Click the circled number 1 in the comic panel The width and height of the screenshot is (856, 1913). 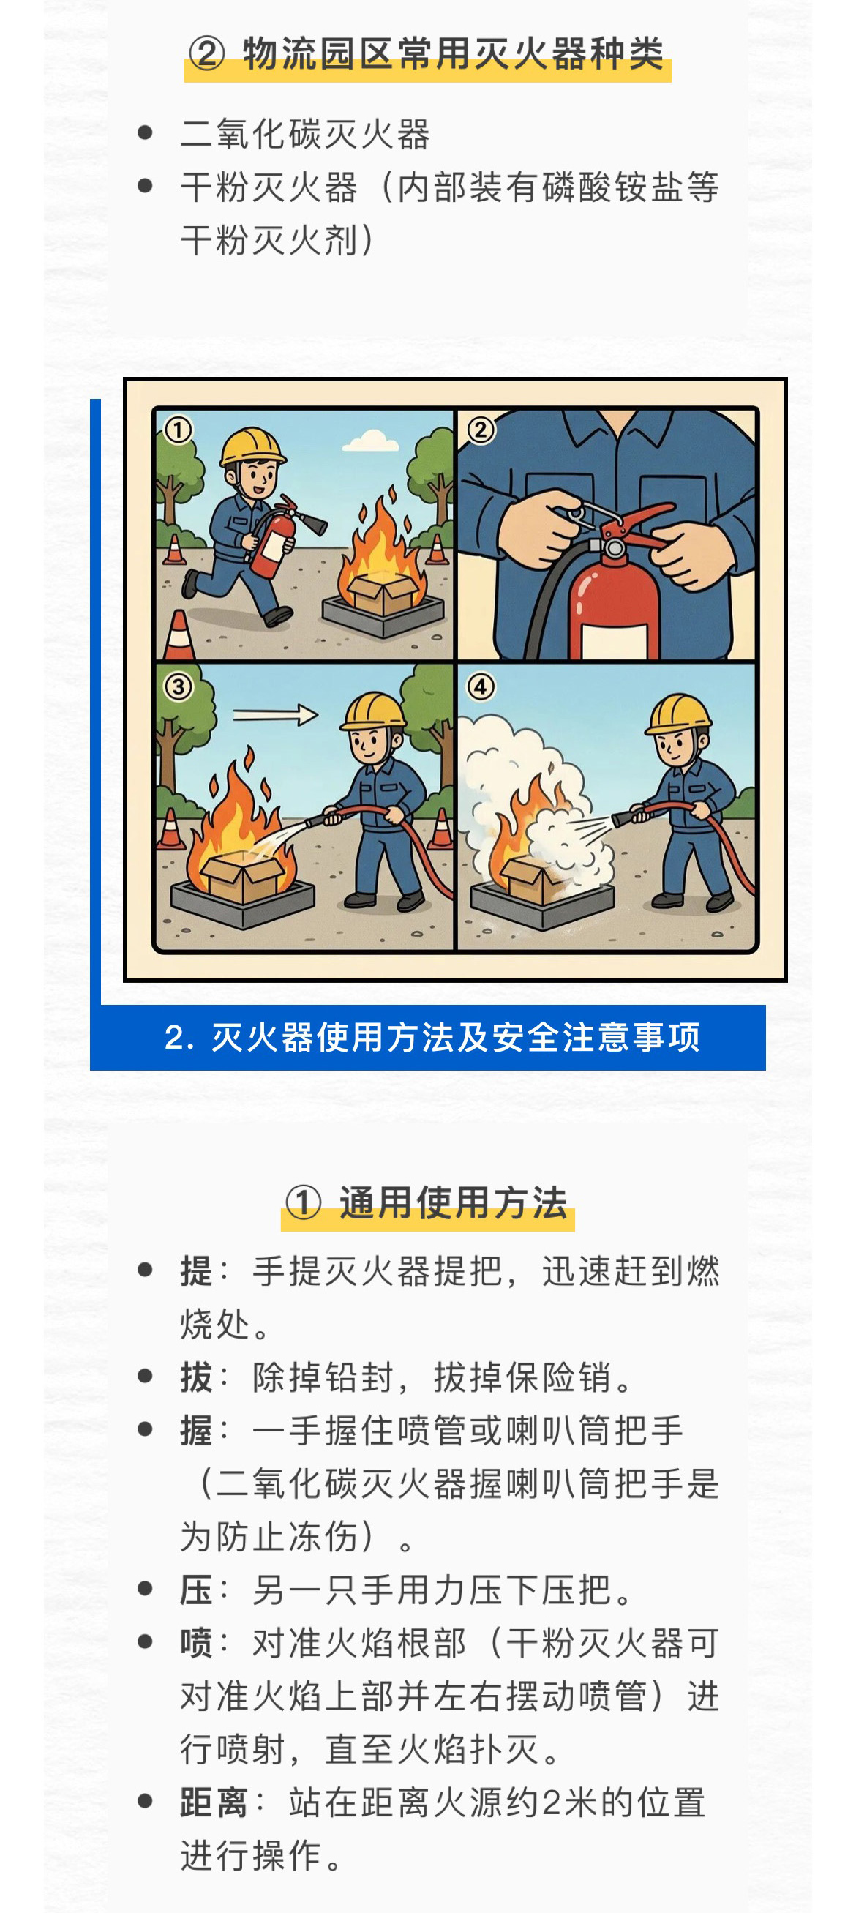click(x=179, y=430)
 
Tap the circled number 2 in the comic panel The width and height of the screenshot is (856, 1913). click(x=481, y=430)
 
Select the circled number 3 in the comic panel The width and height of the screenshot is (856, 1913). click(x=179, y=687)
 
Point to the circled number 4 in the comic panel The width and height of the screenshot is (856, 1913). click(x=481, y=687)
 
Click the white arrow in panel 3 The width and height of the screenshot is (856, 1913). click(x=275, y=715)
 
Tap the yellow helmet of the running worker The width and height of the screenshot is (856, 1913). click(x=254, y=447)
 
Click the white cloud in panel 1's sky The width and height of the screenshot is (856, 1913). click(x=369, y=441)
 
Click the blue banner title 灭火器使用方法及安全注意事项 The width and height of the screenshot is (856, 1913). click(x=454, y=1038)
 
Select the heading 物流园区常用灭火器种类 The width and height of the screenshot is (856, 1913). click(x=453, y=54)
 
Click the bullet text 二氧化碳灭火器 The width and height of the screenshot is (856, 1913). click(x=305, y=135)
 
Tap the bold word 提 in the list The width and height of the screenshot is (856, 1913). click(x=196, y=1270)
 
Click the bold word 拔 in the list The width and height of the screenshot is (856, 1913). click(x=196, y=1377)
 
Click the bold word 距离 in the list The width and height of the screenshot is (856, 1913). click(x=214, y=1803)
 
